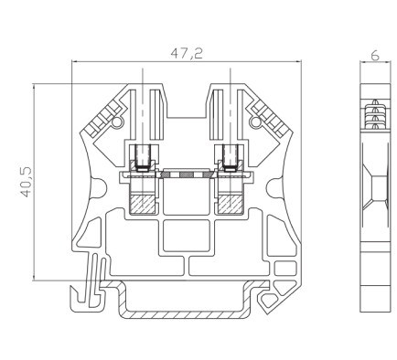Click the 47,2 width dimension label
click(x=187, y=54)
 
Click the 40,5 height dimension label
click(x=26, y=182)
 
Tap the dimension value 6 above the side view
click(x=375, y=56)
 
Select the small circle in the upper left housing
click(x=116, y=122)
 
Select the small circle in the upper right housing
click(x=255, y=122)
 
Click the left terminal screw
click(x=143, y=157)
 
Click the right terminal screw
click(x=231, y=157)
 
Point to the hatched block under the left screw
click(x=143, y=204)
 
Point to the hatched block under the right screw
click(x=231, y=204)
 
